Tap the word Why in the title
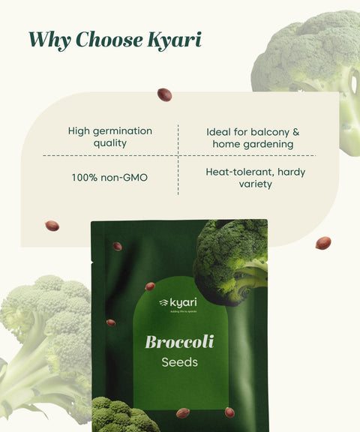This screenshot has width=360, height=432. pyautogui.click(x=50, y=39)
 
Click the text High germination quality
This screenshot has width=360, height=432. pyautogui.click(x=109, y=136)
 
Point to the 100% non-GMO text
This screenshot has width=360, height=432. pyautogui.click(x=109, y=178)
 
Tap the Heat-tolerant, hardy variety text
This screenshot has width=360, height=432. pyautogui.click(x=255, y=178)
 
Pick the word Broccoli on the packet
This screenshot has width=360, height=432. pyautogui.click(x=179, y=342)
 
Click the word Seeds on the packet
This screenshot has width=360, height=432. pyautogui.click(x=179, y=364)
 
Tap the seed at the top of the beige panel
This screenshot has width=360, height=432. pyautogui.click(x=164, y=94)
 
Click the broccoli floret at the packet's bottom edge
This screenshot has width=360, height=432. pyautogui.click(x=124, y=415)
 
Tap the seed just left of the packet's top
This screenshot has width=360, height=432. pyautogui.click(x=52, y=226)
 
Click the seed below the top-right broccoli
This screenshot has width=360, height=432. pyautogui.click(x=322, y=242)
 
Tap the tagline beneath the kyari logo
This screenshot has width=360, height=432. pyautogui.click(x=179, y=310)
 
